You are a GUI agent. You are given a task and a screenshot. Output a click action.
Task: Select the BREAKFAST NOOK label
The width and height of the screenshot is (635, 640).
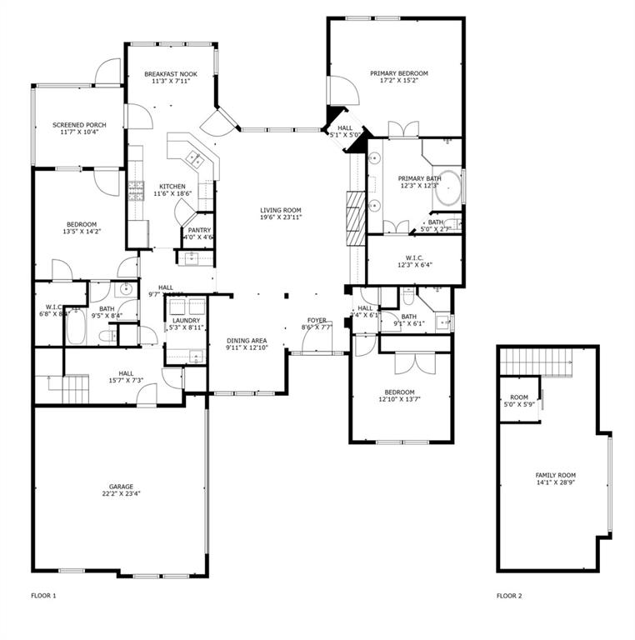[169, 73]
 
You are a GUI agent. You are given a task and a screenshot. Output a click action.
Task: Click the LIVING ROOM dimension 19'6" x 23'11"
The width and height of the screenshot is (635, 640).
[280, 217]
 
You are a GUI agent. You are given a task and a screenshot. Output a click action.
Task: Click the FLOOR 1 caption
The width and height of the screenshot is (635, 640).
[43, 596]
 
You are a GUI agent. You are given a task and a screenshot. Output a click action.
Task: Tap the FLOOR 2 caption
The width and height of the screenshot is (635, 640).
[509, 596]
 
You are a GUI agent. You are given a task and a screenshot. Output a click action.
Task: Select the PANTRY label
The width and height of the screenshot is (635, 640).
[199, 230]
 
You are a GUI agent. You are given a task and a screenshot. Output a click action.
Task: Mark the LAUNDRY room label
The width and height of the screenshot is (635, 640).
[186, 321]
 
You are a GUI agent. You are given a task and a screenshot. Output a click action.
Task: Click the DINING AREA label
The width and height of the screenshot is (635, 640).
[246, 340]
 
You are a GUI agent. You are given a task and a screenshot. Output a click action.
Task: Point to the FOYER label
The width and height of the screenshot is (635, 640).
[317, 320]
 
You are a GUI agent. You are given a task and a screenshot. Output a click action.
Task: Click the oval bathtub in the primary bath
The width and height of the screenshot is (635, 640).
[450, 188]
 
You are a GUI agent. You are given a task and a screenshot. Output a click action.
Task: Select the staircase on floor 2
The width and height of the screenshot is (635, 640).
[537, 362]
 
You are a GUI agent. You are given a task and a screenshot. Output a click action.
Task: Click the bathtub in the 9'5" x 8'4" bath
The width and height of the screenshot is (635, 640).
[74, 327]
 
